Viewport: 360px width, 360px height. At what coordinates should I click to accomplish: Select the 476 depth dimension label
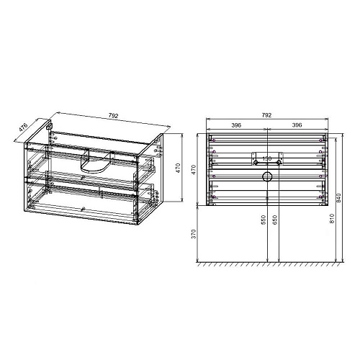click(x=22, y=130)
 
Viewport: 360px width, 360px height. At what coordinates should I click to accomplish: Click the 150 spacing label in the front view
click(x=266, y=159)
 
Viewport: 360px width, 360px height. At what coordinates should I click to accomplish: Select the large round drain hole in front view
click(x=266, y=176)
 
